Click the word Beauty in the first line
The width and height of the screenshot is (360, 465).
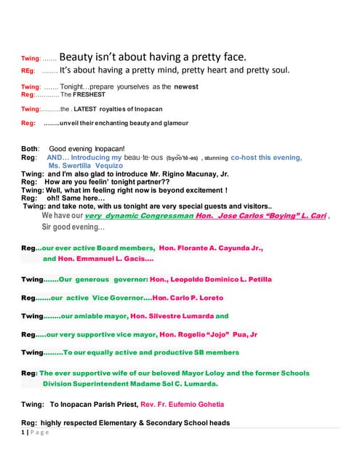[x=76, y=57]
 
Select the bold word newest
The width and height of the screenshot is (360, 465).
[x=186, y=87]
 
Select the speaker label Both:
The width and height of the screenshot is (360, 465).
[x=31, y=149]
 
